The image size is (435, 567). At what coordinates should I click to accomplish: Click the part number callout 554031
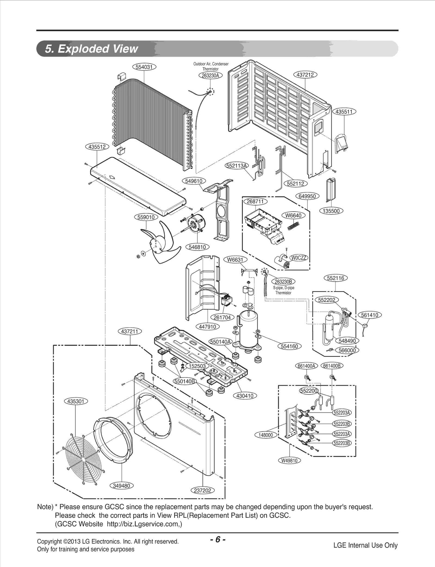(x=144, y=67)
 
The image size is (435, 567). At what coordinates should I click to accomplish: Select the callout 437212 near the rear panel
(x=306, y=75)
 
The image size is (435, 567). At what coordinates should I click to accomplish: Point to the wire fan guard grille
(x=81, y=459)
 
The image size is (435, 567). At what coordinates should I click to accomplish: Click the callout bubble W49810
(x=290, y=461)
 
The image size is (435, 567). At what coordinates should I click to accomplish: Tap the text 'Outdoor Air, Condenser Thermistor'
(x=211, y=66)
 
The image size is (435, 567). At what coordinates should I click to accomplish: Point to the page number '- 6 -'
(x=217, y=539)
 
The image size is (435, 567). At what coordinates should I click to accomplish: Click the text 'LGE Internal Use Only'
(x=365, y=545)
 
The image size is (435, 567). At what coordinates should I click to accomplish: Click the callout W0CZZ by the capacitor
(x=299, y=258)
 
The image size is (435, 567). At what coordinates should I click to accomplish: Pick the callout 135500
(x=331, y=211)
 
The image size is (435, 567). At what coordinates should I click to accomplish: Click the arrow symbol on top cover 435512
(x=111, y=177)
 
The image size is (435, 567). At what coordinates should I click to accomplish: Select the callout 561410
(x=369, y=315)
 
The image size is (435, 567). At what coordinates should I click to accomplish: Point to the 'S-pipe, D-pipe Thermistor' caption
(x=283, y=290)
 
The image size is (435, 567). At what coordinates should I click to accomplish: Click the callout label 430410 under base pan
(x=245, y=396)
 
